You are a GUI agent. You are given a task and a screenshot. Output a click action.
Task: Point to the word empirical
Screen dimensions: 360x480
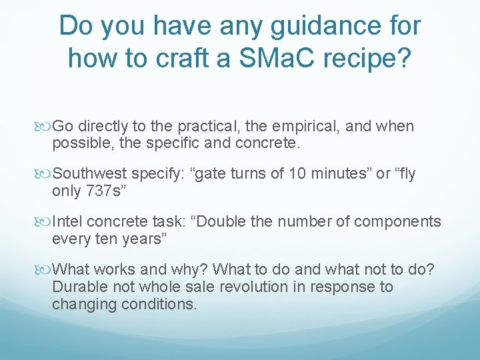290,126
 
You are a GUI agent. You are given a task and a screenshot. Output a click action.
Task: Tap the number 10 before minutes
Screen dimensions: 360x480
297,174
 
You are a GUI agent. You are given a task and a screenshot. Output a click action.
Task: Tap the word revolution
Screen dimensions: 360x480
268,287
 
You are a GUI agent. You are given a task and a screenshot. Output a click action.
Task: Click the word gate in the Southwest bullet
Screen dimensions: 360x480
205,175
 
